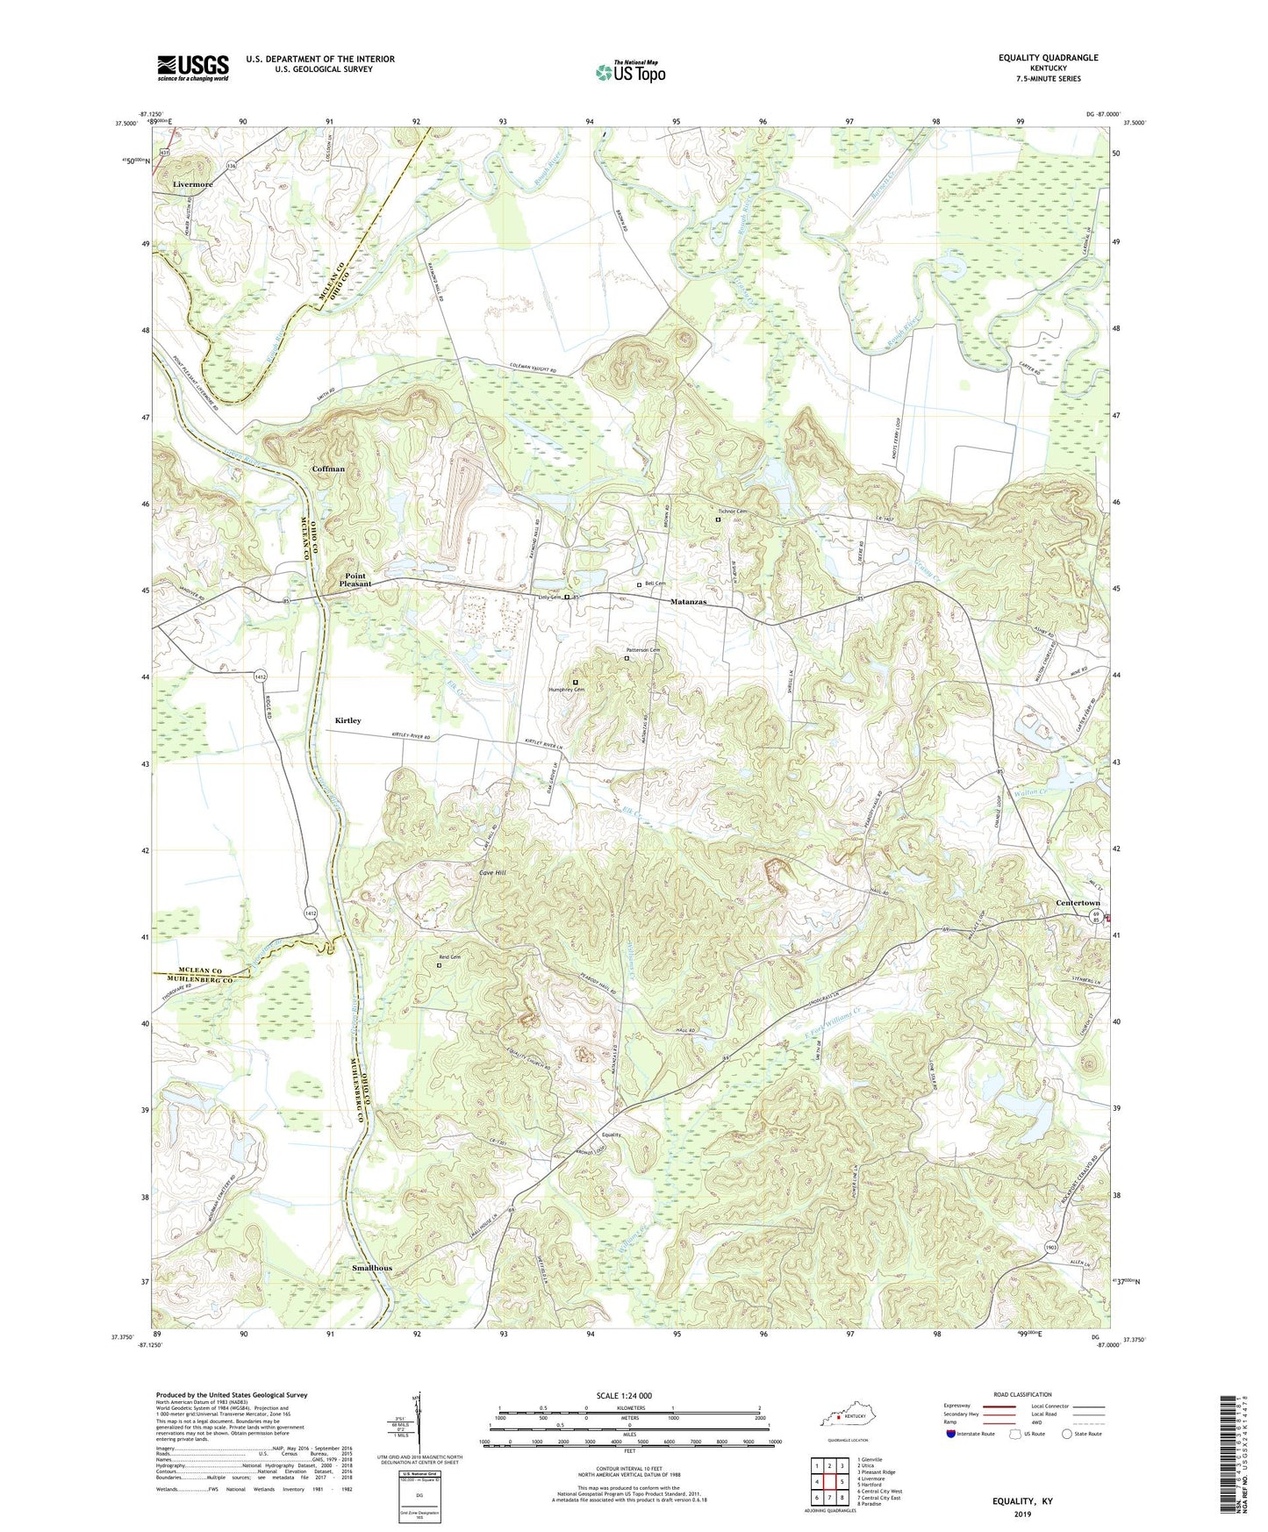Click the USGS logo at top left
coord(193,67)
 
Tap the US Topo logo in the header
coord(630,72)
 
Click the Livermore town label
coord(193,184)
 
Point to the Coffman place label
coord(328,469)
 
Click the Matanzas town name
coord(688,602)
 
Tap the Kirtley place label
coord(347,720)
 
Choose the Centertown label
coord(1077,903)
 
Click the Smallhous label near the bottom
coord(372,1269)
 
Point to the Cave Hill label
coord(492,873)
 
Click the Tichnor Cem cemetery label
coord(732,512)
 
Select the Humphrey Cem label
coord(568,689)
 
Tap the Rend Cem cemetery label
coord(450,957)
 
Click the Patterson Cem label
coord(641,649)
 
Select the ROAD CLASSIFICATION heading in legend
coord(1021,1394)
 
